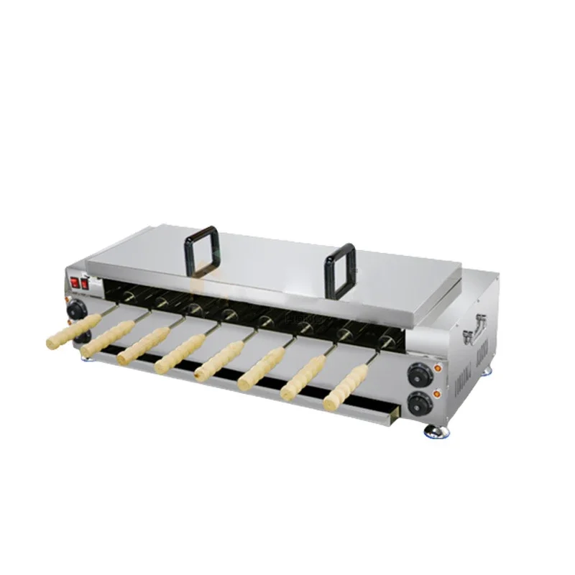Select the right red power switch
(83, 285)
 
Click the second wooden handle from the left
(107, 337)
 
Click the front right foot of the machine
(436, 431)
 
